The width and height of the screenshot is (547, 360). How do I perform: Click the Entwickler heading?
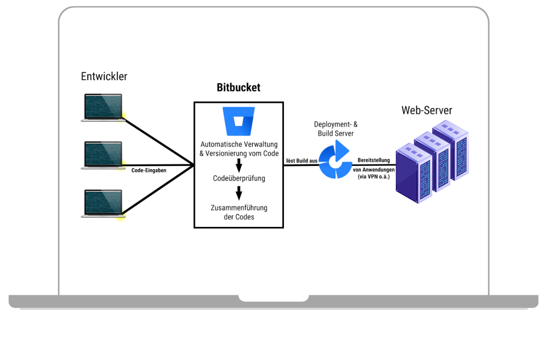click(104, 77)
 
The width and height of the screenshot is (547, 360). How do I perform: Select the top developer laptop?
click(103, 108)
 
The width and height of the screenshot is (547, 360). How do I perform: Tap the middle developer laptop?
click(103, 155)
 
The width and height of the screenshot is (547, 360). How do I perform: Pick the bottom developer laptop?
click(103, 204)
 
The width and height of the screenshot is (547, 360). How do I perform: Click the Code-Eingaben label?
click(149, 170)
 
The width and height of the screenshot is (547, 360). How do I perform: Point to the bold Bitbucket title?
click(238, 88)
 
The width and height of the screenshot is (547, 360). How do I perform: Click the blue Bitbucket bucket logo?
click(238, 121)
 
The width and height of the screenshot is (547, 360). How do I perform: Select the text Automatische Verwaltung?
click(239, 144)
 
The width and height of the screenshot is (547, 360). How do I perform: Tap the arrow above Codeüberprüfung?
click(238, 165)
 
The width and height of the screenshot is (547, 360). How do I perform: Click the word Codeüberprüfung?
click(239, 179)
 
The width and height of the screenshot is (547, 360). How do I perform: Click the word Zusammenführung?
click(239, 208)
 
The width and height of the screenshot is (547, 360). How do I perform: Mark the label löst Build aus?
click(301, 161)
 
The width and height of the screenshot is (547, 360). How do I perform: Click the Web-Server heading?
click(427, 110)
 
